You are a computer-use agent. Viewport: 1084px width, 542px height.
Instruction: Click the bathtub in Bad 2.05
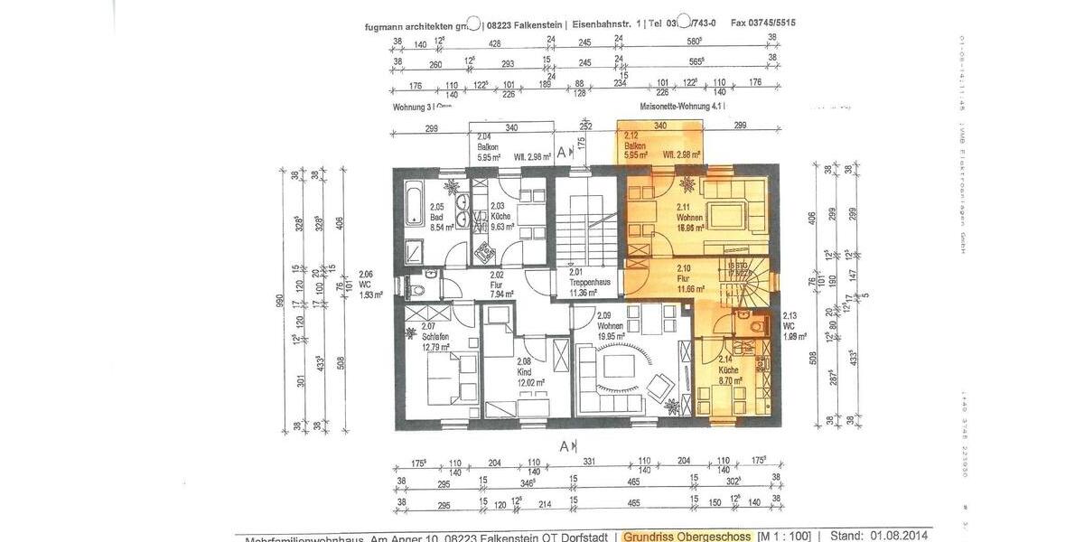(x=412, y=204)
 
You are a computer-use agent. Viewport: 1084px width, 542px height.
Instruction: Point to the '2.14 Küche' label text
(x=729, y=370)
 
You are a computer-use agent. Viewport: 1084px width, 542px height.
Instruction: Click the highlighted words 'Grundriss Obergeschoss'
(x=687, y=537)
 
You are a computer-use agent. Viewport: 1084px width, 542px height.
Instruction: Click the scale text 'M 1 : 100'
(x=785, y=537)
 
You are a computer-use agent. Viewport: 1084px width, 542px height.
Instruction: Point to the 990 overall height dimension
(x=280, y=299)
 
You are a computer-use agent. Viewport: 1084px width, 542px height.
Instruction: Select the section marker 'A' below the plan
(x=565, y=445)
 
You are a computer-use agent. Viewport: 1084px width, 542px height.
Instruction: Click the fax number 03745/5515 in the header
(x=764, y=23)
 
